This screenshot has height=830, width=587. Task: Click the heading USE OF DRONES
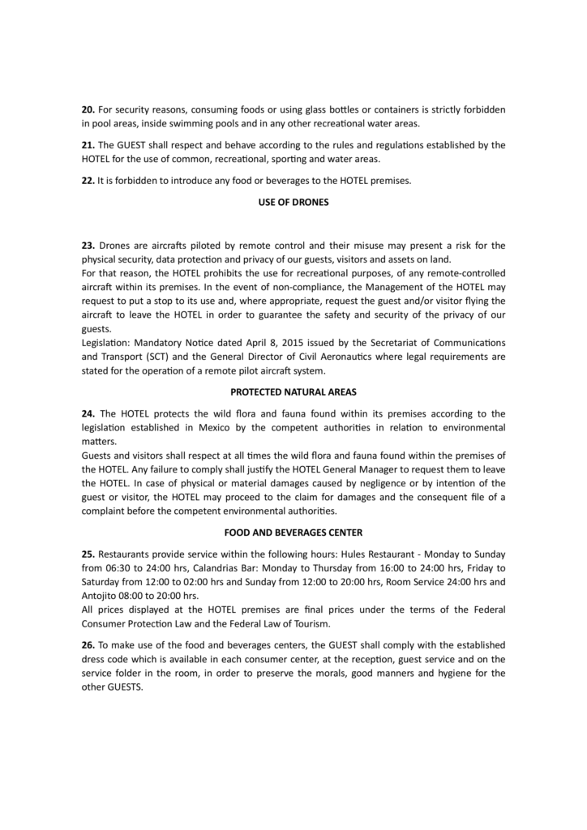[x=293, y=203]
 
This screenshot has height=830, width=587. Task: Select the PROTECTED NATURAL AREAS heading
[x=293, y=391]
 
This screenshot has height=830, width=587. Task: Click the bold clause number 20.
[x=88, y=109]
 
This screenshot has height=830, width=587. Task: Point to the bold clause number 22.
[x=88, y=181]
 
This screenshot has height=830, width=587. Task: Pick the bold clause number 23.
[x=88, y=245]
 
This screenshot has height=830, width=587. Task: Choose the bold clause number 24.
[x=88, y=413]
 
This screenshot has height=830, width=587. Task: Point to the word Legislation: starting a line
[x=108, y=343]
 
